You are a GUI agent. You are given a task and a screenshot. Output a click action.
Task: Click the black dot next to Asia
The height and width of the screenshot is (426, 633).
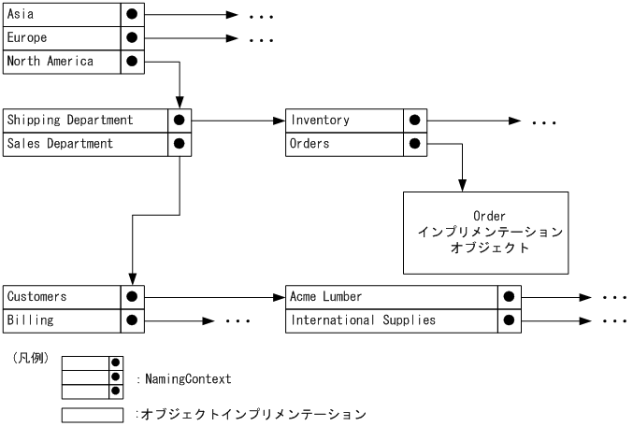point(132,15)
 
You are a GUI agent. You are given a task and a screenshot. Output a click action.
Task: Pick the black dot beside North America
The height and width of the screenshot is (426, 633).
point(132,62)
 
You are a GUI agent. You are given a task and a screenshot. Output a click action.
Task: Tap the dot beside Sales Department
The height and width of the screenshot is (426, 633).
point(179,144)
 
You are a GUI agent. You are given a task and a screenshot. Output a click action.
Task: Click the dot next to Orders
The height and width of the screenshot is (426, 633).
point(415,144)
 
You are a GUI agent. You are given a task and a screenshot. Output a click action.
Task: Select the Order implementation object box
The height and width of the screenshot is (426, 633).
point(484,233)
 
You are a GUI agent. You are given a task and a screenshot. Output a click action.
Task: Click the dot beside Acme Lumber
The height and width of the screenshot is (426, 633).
point(509,297)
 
